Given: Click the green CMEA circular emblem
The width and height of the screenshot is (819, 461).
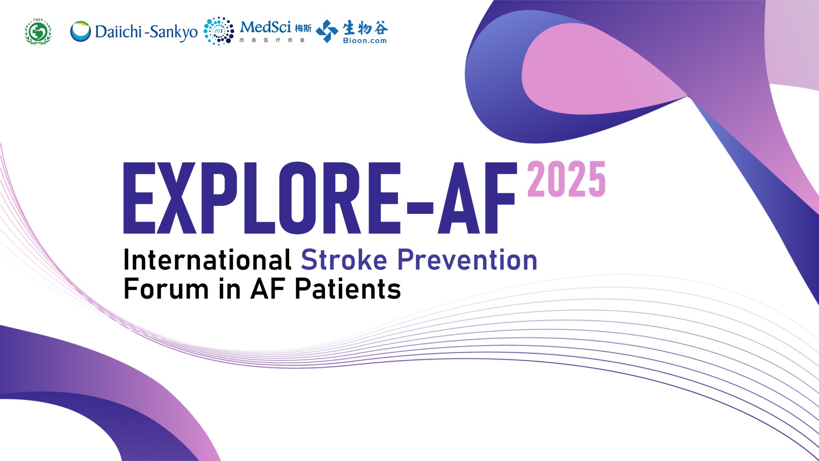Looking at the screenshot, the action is pyautogui.click(x=38, y=32).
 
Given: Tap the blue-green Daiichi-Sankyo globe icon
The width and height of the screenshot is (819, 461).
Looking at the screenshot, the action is pyautogui.click(x=81, y=32).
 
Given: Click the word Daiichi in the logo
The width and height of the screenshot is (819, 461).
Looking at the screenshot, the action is pyautogui.click(x=118, y=32).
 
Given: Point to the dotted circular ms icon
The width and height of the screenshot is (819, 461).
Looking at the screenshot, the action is pyautogui.click(x=219, y=31).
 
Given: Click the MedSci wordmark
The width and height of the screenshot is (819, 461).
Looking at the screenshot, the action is pyautogui.click(x=265, y=27).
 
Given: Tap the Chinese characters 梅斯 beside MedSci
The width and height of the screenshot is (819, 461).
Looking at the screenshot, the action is pyautogui.click(x=303, y=29).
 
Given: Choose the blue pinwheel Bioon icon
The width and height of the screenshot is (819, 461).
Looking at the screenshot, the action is pyautogui.click(x=327, y=31).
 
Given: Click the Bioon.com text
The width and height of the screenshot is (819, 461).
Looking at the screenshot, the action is pyautogui.click(x=365, y=41).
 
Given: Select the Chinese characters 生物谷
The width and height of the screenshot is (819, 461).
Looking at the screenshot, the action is pyautogui.click(x=365, y=28).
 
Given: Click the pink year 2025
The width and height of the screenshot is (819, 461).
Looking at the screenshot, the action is pyautogui.click(x=566, y=179).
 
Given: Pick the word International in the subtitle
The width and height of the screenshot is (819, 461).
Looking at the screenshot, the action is pyautogui.click(x=208, y=260).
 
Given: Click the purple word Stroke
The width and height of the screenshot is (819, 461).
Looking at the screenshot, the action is pyautogui.click(x=344, y=260).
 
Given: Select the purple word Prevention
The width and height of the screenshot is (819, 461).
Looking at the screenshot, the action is pyautogui.click(x=468, y=260).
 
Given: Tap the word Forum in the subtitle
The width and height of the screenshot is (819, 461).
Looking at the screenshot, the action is pyautogui.click(x=166, y=289).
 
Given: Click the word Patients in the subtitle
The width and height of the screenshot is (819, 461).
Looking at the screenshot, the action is pyautogui.click(x=348, y=289).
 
